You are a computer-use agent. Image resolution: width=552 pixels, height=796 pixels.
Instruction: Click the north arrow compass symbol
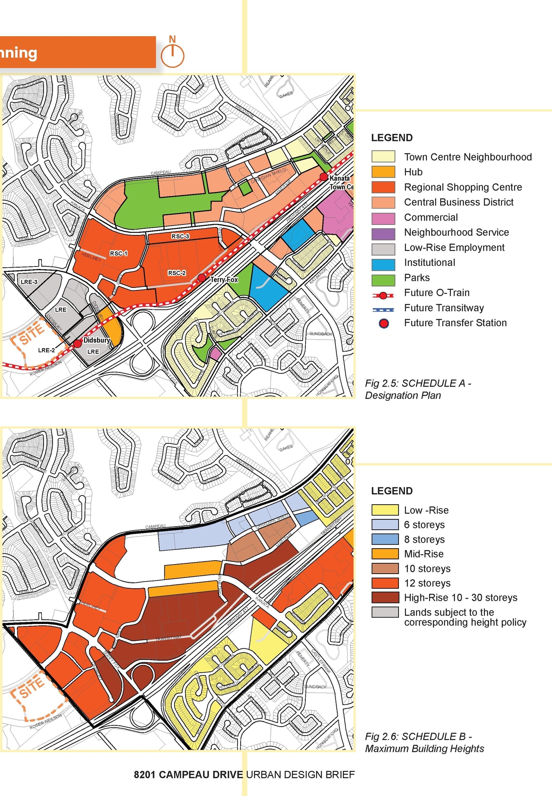(x=172, y=55)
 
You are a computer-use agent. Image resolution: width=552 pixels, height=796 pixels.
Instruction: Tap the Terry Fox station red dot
(x=202, y=278)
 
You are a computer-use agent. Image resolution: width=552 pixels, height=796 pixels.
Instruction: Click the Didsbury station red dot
(x=78, y=343)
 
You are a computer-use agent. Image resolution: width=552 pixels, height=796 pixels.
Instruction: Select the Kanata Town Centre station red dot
(x=323, y=177)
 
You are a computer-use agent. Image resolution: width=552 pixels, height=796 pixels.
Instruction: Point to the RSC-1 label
(x=118, y=253)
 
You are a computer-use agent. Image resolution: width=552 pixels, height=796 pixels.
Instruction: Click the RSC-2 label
(x=177, y=273)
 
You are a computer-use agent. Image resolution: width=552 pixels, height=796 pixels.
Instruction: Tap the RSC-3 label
(x=180, y=236)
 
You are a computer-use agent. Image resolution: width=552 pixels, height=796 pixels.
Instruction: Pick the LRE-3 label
(x=29, y=282)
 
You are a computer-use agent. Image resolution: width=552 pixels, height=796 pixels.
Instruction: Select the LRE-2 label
(x=46, y=350)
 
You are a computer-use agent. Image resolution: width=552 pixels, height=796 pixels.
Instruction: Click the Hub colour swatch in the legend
(x=383, y=172)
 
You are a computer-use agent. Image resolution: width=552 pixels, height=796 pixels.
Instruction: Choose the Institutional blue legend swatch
(x=383, y=262)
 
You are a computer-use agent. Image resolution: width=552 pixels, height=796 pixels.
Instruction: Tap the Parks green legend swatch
(x=383, y=278)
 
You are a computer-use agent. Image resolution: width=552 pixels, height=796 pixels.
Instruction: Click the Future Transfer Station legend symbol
(x=383, y=323)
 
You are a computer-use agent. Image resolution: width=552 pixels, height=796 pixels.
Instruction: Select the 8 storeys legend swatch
(x=385, y=539)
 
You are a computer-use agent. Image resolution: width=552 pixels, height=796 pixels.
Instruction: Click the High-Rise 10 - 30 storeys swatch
(x=385, y=597)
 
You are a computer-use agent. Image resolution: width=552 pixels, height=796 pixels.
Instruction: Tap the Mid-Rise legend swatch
(x=385, y=554)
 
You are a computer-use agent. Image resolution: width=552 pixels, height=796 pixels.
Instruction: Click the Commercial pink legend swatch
(x=383, y=218)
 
